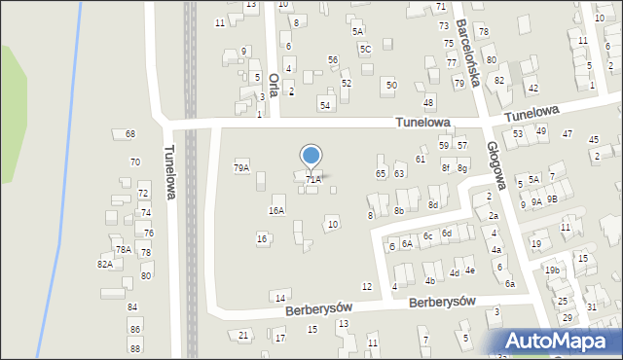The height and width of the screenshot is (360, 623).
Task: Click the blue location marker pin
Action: point(311,157)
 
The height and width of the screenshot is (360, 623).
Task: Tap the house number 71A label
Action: point(312,179)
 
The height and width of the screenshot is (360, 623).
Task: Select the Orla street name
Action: point(275,84)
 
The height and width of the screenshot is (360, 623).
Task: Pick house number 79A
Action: point(241,167)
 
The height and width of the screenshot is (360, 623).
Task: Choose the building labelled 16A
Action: point(277,210)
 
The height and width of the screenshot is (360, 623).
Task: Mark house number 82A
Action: point(104,264)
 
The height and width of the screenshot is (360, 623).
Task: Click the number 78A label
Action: point(124,249)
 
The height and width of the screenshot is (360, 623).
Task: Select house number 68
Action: point(130,133)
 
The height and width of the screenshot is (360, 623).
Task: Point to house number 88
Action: point(134,347)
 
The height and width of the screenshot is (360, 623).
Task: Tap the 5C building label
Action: point(365,49)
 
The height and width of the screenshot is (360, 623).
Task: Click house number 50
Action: point(390,86)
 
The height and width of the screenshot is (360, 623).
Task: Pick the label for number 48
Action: point(427,102)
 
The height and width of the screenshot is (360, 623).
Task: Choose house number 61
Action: point(421,159)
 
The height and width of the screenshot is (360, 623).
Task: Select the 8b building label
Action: point(399,210)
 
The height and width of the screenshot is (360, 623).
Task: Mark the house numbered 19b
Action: point(552,270)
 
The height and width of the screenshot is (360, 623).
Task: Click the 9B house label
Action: point(552,198)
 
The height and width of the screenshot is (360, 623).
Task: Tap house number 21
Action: point(243,335)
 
